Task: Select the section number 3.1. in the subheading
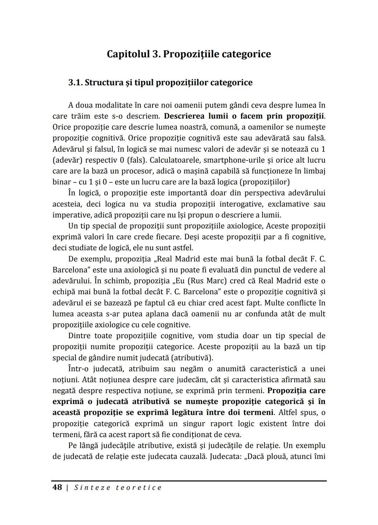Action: [x=75, y=83]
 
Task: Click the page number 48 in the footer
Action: [x=57, y=487]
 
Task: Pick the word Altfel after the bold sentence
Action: [x=289, y=412]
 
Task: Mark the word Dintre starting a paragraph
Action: [x=79, y=336]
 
